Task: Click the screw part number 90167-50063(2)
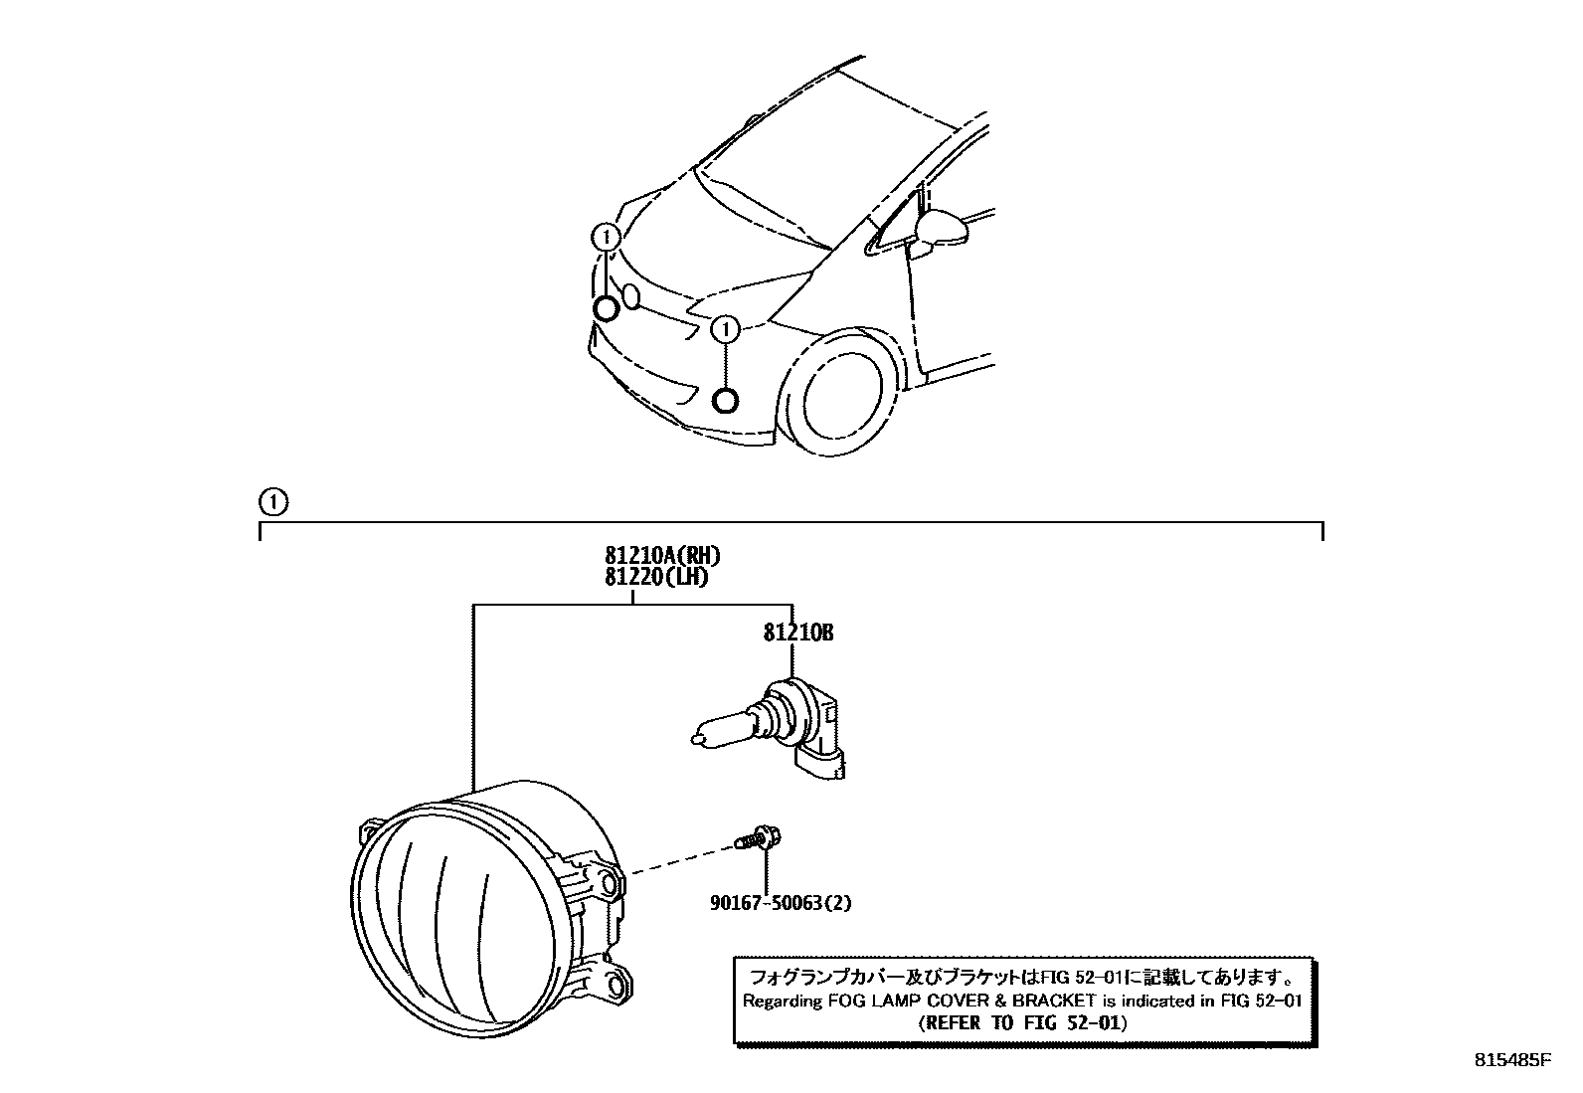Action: [x=781, y=903]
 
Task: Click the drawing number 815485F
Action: [x=1512, y=1060]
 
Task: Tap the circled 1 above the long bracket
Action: [x=273, y=502]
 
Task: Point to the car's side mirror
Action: [x=941, y=228]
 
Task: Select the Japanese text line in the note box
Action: [x=1023, y=976]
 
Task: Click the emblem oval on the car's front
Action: [x=630, y=295]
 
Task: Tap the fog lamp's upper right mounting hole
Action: [x=610, y=882]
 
